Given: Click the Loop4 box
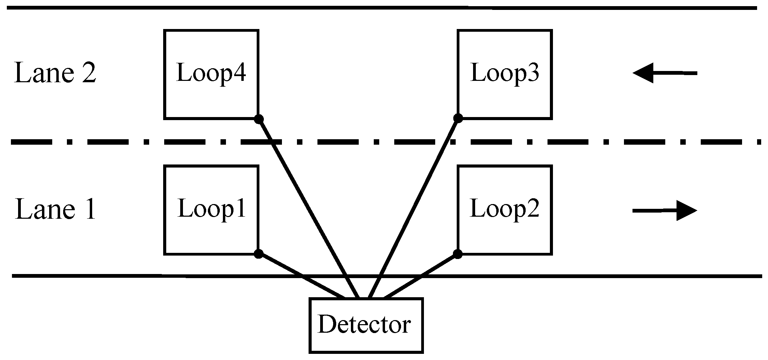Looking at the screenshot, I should point(211,74).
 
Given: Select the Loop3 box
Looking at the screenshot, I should point(504,74).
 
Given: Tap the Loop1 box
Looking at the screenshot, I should point(211,210).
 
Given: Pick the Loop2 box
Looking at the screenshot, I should point(504,210).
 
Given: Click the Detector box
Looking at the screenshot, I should point(366,325).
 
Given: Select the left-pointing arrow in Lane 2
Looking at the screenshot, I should point(664,73).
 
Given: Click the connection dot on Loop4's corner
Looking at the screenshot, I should point(259,119).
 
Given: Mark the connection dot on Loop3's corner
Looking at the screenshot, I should point(458,118).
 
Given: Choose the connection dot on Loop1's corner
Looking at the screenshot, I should point(259,254).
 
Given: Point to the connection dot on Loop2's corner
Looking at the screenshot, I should point(458,254).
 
